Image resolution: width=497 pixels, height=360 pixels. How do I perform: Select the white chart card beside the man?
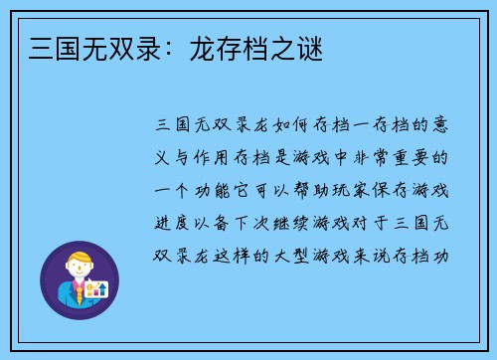point(97,290)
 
